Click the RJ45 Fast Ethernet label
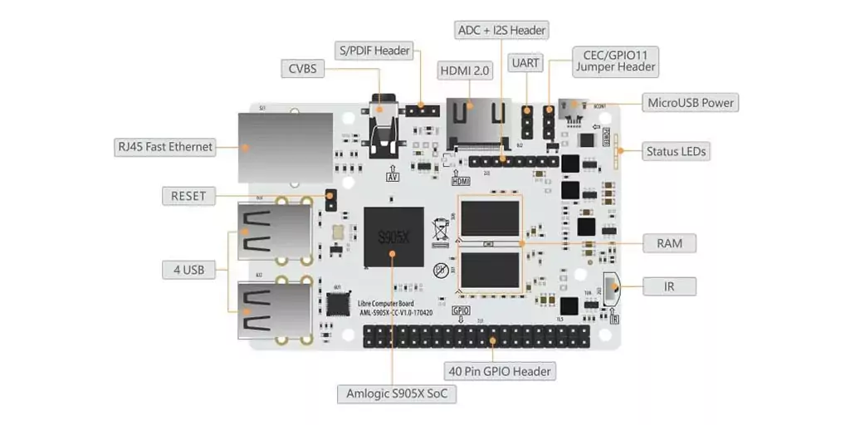coord(165,147)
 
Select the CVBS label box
coord(302,69)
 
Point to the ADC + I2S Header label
coord(502,30)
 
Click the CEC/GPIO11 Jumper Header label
coord(615,61)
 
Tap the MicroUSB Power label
coord(691,102)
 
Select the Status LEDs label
coord(677,151)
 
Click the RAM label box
coord(669,243)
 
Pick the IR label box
coord(669,286)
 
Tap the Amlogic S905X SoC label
coord(396,393)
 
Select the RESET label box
coord(188,197)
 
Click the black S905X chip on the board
coord(393,237)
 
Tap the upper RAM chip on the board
coord(490,217)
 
